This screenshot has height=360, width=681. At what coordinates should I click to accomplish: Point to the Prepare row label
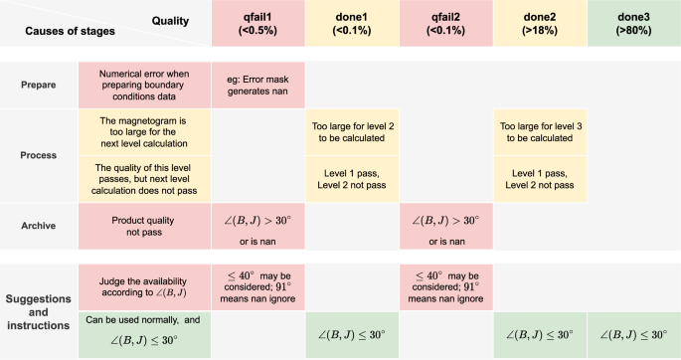[x=38, y=86]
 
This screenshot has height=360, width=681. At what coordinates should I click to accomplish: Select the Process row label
[x=38, y=155]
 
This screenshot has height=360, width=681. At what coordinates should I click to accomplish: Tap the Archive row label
[x=38, y=227]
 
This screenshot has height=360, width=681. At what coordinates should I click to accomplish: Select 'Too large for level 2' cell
[x=351, y=132]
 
